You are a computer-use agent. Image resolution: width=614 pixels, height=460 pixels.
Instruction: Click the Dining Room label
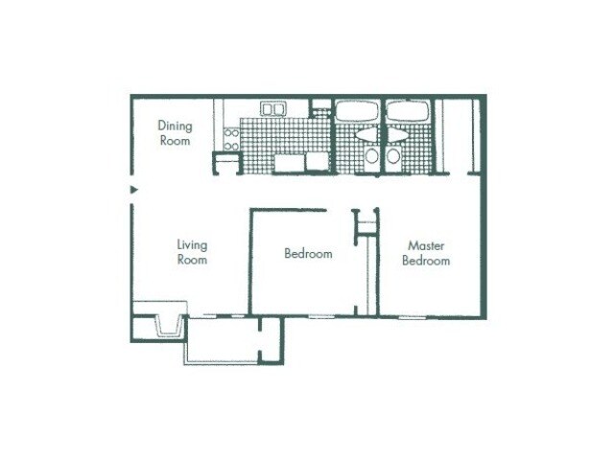[x=175, y=133]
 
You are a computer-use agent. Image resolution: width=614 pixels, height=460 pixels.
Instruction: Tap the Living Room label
[x=192, y=252]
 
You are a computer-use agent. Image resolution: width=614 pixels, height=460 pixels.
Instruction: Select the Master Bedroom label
[x=425, y=253]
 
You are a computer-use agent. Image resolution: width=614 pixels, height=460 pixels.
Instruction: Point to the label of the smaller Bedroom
[x=308, y=254]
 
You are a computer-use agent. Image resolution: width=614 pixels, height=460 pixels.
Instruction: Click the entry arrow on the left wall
[x=133, y=190]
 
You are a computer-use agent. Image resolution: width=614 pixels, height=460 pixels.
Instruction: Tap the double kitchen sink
[x=273, y=109]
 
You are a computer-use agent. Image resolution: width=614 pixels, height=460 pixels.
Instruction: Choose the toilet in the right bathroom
[x=392, y=156]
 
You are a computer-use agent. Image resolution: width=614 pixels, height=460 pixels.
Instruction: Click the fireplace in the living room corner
[x=159, y=323]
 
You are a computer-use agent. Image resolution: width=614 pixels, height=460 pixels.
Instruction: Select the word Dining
[x=175, y=126]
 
